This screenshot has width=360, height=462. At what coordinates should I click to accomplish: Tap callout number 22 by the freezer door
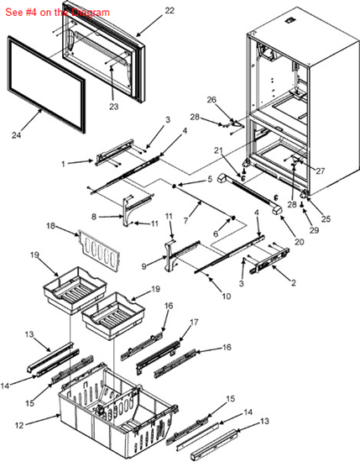coord(170,10)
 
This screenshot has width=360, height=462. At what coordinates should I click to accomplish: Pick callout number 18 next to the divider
coord(51,227)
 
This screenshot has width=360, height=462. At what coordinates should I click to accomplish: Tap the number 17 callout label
coord(194,322)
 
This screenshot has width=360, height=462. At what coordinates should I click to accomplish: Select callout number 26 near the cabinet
coord(211,99)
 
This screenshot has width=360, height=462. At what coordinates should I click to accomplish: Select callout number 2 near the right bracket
coord(293,283)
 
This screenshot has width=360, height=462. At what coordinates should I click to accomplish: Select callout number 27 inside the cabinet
coord(321,170)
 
